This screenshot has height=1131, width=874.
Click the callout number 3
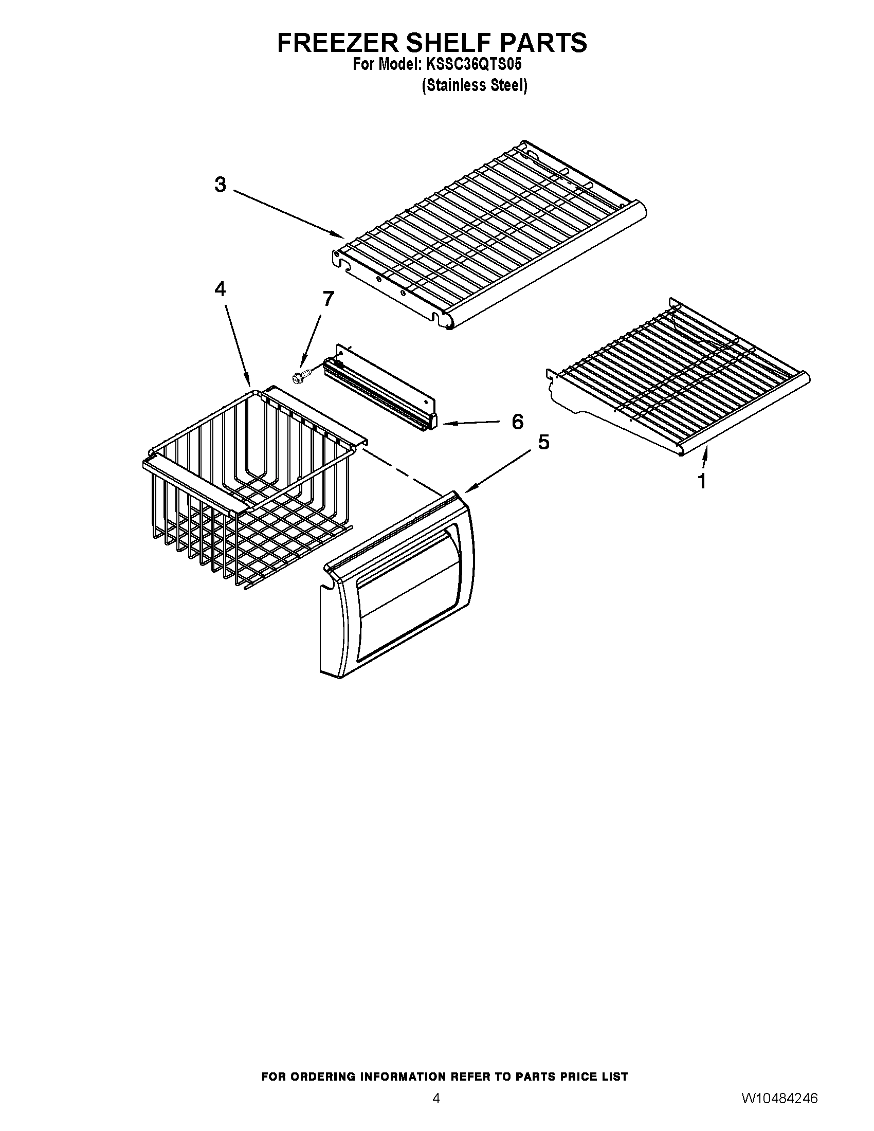(221, 185)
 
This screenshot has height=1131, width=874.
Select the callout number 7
(329, 299)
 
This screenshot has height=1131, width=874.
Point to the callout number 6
(518, 422)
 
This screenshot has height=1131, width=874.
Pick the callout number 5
(543, 442)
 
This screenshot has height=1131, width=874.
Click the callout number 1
(702, 482)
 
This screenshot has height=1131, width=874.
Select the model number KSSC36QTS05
(474, 65)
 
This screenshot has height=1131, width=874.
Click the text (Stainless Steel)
(475, 85)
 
